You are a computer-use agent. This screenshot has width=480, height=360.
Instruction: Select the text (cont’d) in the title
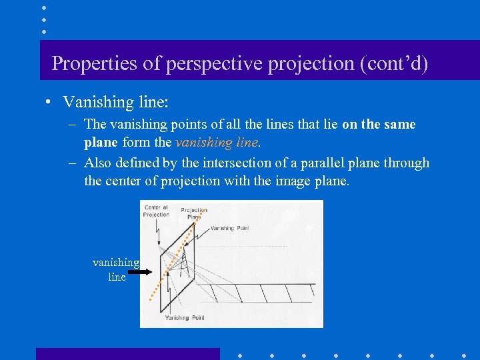pos(394,63)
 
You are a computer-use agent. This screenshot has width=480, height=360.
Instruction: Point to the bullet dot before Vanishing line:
pos(49,102)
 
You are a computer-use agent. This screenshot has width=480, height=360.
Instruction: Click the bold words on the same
pos(379,125)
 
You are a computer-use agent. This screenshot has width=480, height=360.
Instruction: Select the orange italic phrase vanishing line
pos(217,142)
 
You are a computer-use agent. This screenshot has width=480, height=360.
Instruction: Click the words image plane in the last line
pos(311,181)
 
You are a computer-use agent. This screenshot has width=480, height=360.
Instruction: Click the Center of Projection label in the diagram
pos(156,211)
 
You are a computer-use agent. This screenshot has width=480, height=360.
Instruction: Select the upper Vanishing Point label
pos(230,228)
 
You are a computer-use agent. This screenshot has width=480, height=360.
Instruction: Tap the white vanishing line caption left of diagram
pos(116,270)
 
